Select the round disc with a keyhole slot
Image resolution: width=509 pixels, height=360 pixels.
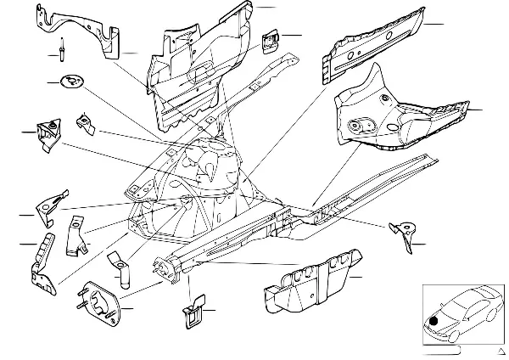point(72,83)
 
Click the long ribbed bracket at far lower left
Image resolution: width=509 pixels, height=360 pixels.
point(42,263)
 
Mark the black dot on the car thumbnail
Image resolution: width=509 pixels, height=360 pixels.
point(435,320)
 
